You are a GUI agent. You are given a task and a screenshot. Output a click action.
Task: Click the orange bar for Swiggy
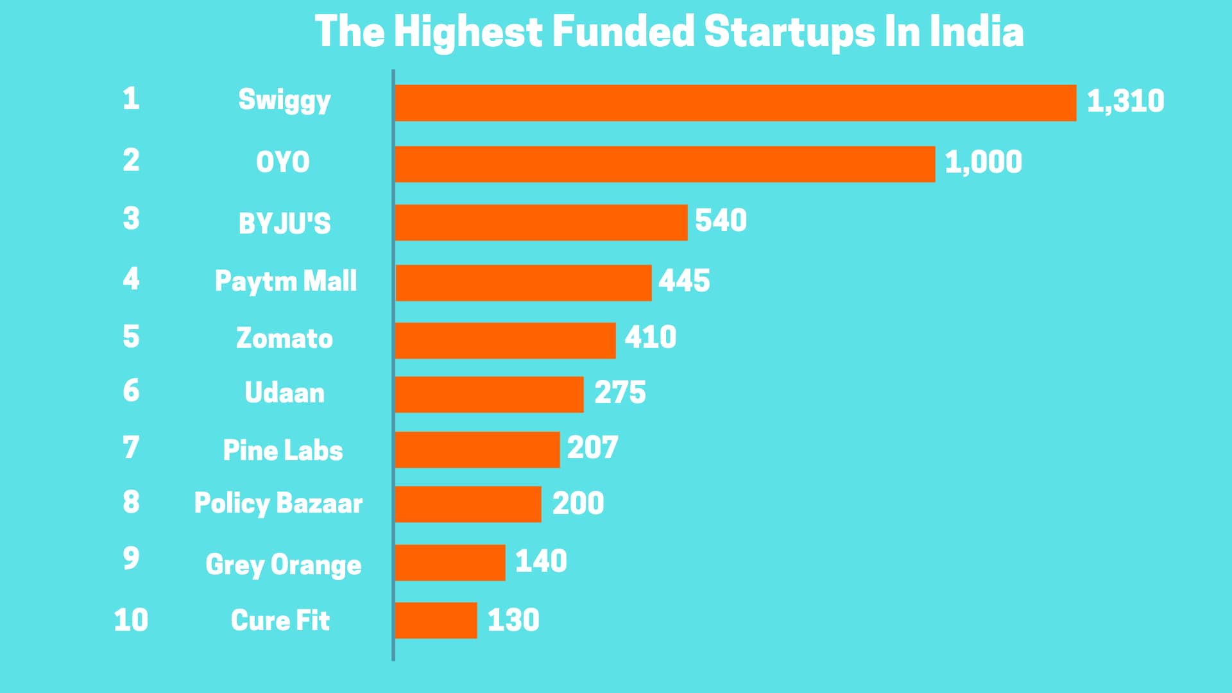[735, 103]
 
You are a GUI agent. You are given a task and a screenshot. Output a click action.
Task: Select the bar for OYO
[665, 164]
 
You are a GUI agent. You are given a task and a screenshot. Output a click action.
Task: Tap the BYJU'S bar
[541, 223]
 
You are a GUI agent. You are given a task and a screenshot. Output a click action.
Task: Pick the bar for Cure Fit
[436, 620]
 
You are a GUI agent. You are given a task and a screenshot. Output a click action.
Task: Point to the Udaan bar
[489, 394]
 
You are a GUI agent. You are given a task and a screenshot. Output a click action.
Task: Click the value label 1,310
[1125, 101]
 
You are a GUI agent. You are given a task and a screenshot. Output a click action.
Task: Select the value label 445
[684, 281]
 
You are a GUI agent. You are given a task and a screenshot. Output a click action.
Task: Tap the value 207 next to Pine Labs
[592, 448]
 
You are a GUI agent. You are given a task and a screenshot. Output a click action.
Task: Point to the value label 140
[541, 561]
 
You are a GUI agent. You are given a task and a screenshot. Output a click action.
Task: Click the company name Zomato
[284, 338]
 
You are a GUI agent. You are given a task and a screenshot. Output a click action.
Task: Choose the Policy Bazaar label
[278, 504]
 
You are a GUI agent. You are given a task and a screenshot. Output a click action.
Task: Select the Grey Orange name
[283, 565]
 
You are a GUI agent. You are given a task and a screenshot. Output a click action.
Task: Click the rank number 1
[131, 99]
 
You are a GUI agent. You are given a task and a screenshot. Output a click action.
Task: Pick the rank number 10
[131, 620]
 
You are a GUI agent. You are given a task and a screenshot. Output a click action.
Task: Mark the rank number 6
[131, 391]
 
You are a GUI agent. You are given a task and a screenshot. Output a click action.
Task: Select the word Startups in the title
[789, 33]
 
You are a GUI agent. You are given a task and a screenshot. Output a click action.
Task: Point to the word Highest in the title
[468, 33]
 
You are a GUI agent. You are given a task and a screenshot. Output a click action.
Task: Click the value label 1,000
[983, 162]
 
